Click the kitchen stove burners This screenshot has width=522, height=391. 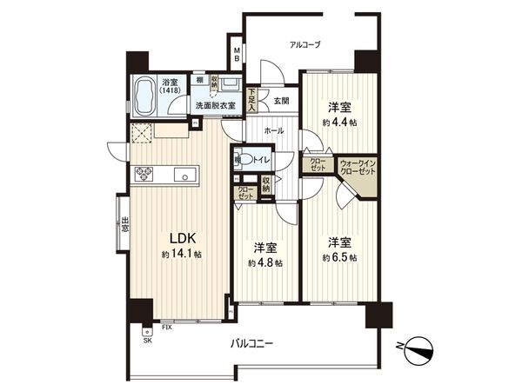tap(144, 175)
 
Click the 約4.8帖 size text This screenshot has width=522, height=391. tap(264, 262)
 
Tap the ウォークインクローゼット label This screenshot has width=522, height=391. tap(358, 167)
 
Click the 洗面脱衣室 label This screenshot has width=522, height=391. tap(215, 104)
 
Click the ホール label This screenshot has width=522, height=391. tap(274, 130)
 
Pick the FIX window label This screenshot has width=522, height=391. tap(166, 328)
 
